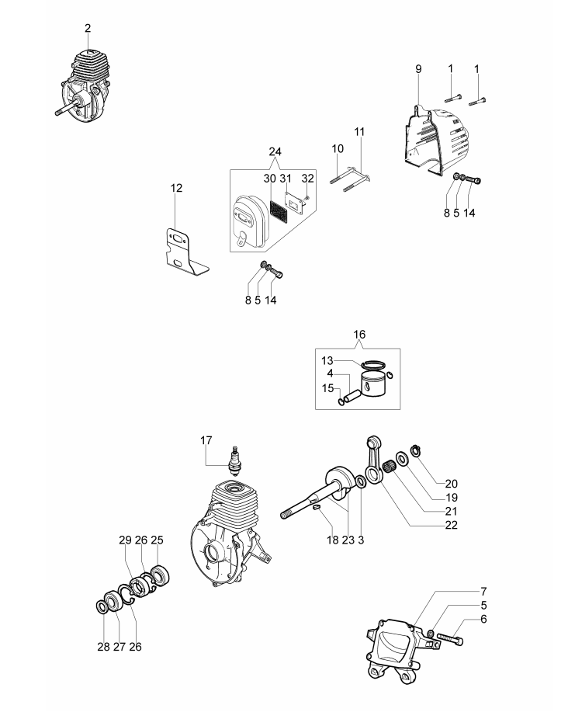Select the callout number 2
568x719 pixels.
pos(88,29)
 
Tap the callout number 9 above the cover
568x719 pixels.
pos(418,69)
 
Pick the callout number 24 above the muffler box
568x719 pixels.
pos(275,151)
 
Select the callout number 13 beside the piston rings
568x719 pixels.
pos(327,361)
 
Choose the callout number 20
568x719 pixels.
pos(451,484)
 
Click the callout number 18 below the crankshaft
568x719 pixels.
pos(332,540)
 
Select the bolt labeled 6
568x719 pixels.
pos(450,637)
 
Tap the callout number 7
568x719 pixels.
pos(483,592)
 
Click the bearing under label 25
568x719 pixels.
pos(161,576)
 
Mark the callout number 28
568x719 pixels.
pos(103,647)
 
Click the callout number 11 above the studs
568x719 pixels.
pos(359,132)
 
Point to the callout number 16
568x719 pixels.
pos(359,335)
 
